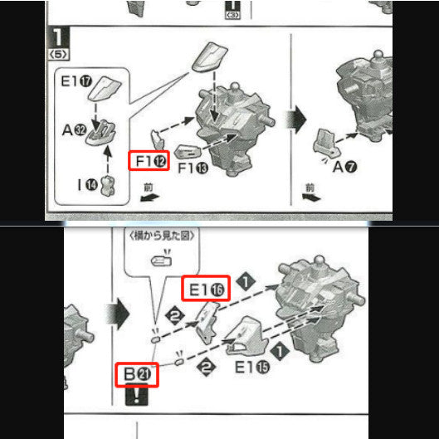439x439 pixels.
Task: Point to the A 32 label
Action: tap(72, 129)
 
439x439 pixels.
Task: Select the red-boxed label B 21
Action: tap(136, 374)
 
